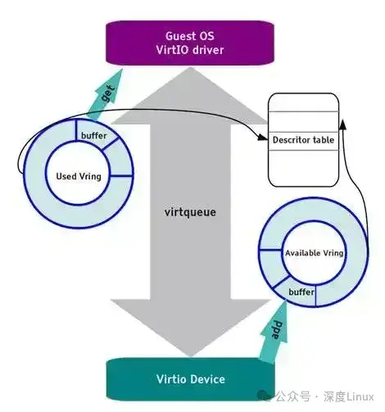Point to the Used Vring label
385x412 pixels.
(x=79, y=176)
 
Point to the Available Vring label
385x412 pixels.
(x=313, y=253)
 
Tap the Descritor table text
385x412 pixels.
(x=302, y=140)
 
